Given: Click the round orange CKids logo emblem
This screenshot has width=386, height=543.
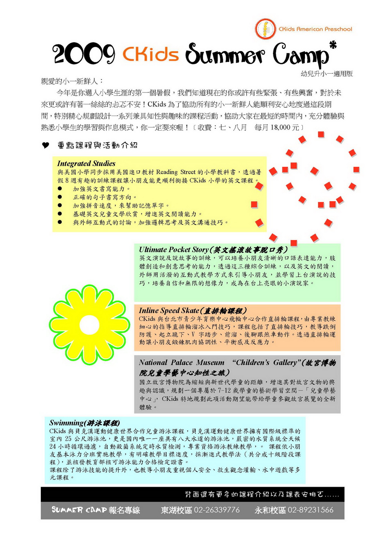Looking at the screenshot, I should tap(265, 29).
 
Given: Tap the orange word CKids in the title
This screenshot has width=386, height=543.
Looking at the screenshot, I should tap(151, 53).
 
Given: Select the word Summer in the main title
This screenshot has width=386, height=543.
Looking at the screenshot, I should tap(225, 54).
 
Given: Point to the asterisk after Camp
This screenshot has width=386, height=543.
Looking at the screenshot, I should tap(333, 44).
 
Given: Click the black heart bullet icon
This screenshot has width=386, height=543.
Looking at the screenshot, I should tap(46, 146).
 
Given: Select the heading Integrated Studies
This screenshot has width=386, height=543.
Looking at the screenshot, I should tap(86, 163).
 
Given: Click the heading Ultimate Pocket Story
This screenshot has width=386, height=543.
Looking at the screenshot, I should tap(174, 250).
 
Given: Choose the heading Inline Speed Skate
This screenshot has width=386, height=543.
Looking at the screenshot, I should tap(169, 310).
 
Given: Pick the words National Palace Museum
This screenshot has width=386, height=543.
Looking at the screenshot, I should tap(181, 362).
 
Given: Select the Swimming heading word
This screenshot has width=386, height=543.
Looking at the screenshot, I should tap(66, 423).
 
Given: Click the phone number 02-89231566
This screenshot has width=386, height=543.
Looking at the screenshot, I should tap(310, 510).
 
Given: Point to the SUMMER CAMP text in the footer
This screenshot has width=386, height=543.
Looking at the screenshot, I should tap(79, 510).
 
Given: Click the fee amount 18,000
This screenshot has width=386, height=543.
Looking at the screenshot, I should tap(280, 128).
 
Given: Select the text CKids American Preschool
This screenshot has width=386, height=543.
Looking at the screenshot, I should tap(315, 29).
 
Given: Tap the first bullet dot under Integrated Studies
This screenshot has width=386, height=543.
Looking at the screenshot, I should tap(60, 189).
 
